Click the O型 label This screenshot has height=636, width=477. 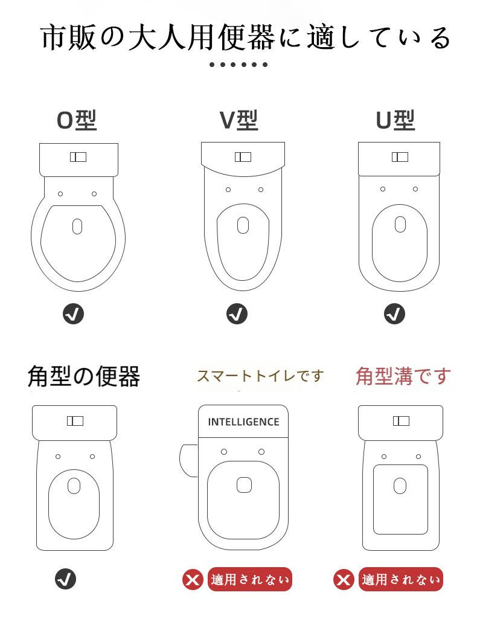click(77, 120)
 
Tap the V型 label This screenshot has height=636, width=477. click(239, 120)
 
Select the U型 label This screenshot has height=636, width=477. click(395, 120)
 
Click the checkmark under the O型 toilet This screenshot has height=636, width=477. click(74, 314)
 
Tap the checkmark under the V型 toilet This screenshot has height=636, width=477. click(237, 314)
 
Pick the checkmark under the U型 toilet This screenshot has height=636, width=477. click(394, 314)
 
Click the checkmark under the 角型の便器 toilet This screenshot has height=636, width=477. click(65, 579)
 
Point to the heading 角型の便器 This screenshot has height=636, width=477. click(84, 376)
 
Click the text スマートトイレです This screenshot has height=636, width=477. click(260, 376)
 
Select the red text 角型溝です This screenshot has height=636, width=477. click(403, 376)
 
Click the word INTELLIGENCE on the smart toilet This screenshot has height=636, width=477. click(243, 422)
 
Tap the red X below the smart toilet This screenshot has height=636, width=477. click(193, 580)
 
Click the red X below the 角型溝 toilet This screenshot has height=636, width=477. click(344, 580)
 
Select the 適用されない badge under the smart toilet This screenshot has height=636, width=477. click(250, 579)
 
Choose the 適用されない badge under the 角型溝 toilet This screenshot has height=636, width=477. click(401, 579)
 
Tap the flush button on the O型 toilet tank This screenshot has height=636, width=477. click(78, 157)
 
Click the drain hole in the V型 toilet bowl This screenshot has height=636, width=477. click(243, 225)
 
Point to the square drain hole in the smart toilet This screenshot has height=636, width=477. click(244, 485)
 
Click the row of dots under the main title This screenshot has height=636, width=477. click(238, 65)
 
